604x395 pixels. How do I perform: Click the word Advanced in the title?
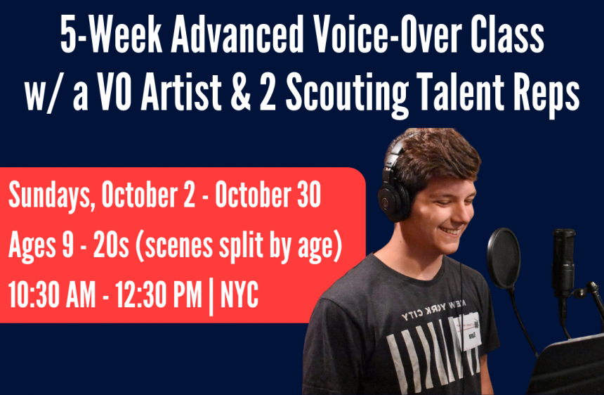[237, 36]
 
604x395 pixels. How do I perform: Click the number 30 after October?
[308, 195]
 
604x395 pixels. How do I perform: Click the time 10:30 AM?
[52, 295]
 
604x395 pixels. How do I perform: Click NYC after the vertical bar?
[239, 295]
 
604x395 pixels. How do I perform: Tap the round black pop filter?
[504, 259]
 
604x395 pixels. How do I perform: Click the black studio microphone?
[563, 262]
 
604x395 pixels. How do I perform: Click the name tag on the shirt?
[467, 330]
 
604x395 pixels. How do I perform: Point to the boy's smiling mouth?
[450, 231]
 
